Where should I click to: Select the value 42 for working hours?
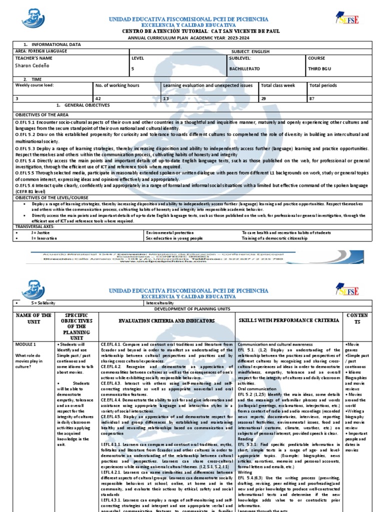pyautogui.click(x=98, y=99)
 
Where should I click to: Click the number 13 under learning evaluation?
pyautogui.click(x=165, y=99)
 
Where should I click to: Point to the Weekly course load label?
pyautogui.click(x=34, y=85)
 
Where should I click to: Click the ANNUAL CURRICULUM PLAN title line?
pyautogui.click(x=191, y=37)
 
